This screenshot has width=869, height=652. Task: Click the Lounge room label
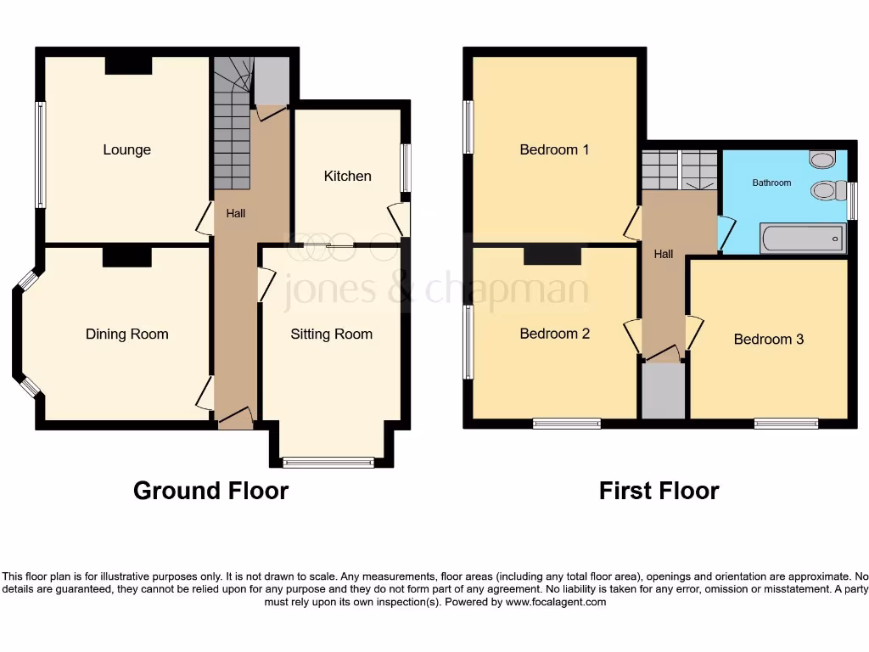(x=126, y=150)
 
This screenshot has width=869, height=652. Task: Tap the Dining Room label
(x=126, y=334)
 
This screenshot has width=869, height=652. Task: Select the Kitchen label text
(x=347, y=176)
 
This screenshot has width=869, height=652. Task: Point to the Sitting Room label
(x=331, y=334)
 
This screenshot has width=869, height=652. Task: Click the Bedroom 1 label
(x=554, y=150)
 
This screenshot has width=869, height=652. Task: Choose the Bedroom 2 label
(x=554, y=334)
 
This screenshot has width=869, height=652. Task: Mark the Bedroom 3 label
(x=768, y=340)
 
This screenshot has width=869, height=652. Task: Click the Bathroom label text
(x=771, y=183)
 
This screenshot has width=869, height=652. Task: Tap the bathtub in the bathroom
(x=803, y=239)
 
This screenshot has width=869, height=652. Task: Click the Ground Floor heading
(x=210, y=491)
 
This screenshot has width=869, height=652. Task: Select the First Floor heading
(x=659, y=491)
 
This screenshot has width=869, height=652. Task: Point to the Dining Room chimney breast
(x=126, y=255)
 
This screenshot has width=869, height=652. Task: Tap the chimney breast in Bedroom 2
(x=552, y=254)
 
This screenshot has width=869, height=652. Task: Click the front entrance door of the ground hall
(x=235, y=419)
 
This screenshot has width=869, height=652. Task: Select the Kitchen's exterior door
(x=399, y=220)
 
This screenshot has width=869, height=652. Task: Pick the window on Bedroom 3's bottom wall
(x=786, y=424)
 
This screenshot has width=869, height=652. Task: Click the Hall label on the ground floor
(x=235, y=214)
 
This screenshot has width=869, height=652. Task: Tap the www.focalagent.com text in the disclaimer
(x=557, y=602)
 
